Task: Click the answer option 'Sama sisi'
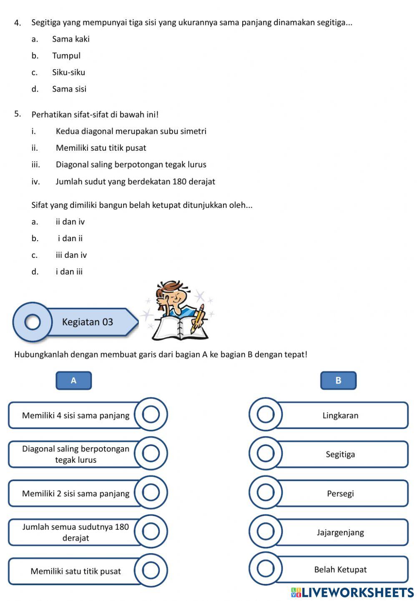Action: [69, 89]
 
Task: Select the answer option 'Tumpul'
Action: [66, 55]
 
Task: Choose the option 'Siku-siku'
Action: [68, 72]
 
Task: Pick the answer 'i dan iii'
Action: [69, 272]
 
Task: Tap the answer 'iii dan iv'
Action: [71, 255]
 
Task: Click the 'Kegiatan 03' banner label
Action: [88, 322]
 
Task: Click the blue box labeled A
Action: [74, 380]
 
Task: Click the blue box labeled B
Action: [338, 380]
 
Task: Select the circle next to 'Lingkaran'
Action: [266, 415]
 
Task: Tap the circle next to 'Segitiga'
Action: [266, 454]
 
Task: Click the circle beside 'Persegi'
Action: [266, 493]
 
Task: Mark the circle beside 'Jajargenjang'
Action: [266, 531]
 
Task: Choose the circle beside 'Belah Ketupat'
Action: [266, 569]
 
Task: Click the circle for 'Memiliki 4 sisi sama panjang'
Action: [151, 415]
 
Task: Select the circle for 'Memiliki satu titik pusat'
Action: [151, 571]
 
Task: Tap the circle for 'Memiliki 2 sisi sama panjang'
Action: [151, 493]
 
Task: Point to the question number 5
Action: [18, 114]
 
